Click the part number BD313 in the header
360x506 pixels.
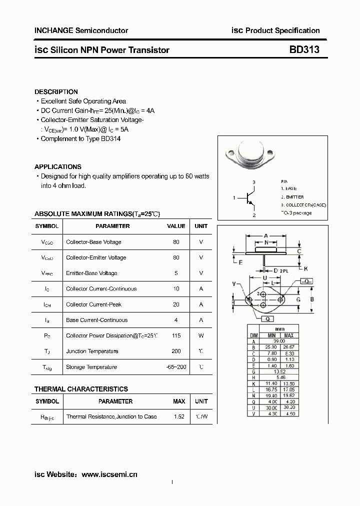click(x=304, y=49)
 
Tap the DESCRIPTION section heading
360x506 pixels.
click(x=56, y=92)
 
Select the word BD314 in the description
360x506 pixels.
click(x=110, y=138)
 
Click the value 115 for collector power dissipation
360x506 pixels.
click(x=176, y=335)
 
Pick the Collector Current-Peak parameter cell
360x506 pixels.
click(x=93, y=304)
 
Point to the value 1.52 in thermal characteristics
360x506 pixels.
click(x=178, y=416)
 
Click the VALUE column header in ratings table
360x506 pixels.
click(x=176, y=226)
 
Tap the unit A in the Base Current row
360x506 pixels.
click(x=201, y=320)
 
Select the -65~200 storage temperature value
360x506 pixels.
click(x=176, y=367)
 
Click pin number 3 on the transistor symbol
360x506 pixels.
click(x=254, y=182)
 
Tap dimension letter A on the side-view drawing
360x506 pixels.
click(x=265, y=235)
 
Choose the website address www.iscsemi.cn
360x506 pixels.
click(x=109, y=474)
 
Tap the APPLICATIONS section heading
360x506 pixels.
click(x=57, y=167)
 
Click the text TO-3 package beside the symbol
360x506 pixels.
click(x=296, y=213)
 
